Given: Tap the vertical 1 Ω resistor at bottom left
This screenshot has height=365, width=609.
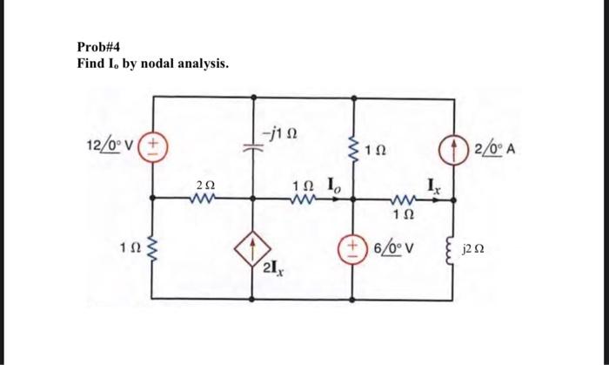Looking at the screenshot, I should tap(155, 251).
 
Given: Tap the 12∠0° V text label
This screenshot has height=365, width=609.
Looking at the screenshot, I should tap(115, 145).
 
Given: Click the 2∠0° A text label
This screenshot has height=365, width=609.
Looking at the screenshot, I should tap(496, 147).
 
